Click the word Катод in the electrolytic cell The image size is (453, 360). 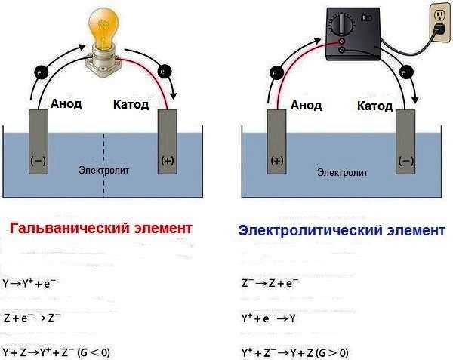[x=374, y=106]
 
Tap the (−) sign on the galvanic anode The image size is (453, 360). [x=37, y=161]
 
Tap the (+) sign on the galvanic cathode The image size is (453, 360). [x=167, y=161]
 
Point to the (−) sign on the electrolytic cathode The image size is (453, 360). [x=405, y=160]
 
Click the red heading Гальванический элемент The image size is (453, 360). [x=101, y=228]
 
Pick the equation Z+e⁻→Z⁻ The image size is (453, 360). [x=32, y=318]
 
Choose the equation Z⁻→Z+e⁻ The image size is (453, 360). [x=270, y=285]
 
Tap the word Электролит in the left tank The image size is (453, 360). [x=104, y=171]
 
